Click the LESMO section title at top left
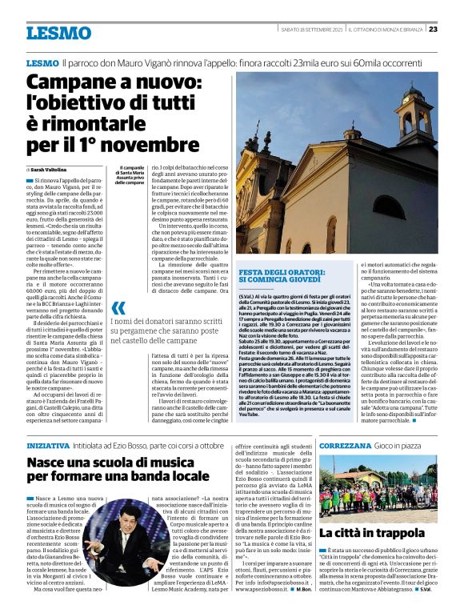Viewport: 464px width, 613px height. (58, 33)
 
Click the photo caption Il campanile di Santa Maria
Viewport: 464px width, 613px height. (129, 175)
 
